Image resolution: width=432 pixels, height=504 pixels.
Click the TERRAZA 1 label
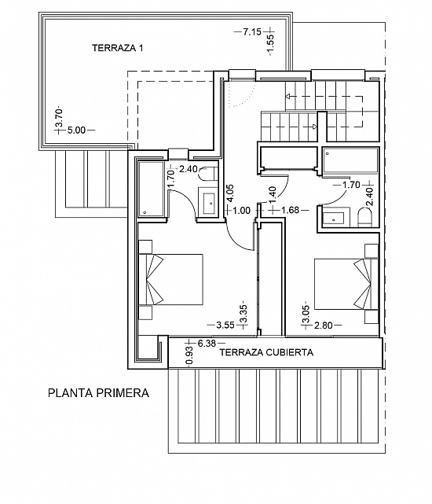pyautogui.click(x=118, y=48)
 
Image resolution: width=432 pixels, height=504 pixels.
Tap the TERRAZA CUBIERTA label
pyautogui.click(x=266, y=352)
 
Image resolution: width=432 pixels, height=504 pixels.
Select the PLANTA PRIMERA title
pyautogui.click(x=99, y=393)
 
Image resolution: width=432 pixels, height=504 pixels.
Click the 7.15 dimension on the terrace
pyautogui.click(x=252, y=31)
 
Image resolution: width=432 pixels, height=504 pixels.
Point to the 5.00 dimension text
pyautogui.click(x=77, y=131)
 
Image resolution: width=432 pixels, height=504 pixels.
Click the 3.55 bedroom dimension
pyautogui.click(x=225, y=325)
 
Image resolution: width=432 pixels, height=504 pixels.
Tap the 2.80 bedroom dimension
pyautogui.click(x=324, y=326)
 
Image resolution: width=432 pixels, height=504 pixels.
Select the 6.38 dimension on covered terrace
pyautogui.click(x=207, y=344)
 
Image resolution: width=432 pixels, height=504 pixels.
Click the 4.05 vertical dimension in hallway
pyautogui.click(x=230, y=193)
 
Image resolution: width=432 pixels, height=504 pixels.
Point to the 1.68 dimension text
pyautogui.click(x=290, y=210)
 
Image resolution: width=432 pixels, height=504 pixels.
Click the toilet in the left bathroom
pyautogui.click(x=207, y=173)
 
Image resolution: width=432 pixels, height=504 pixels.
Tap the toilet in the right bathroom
pyautogui.click(x=365, y=217)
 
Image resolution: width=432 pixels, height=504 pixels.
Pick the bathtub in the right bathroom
pyautogui.click(x=351, y=161)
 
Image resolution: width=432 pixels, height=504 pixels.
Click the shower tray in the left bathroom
pyautogui.click(x=152, y=189)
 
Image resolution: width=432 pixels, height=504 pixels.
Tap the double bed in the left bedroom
pyautogui.click(x=171, y=280)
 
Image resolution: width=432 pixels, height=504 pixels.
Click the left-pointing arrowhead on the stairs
pyautogui.click(x=288, y=96)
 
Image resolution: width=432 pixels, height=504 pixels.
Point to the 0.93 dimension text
pyautogui.click(x=189, y=356)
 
